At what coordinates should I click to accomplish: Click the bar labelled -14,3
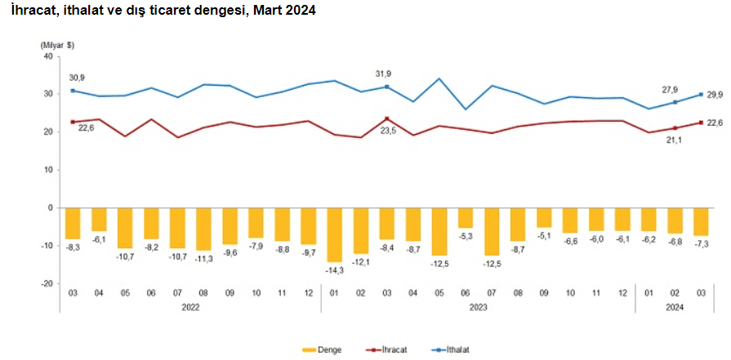pyautogui.click(x=333, y=234)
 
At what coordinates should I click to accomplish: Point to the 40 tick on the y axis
pyautogui.click(x=47, y=56)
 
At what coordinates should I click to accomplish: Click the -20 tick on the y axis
pyautogui.click(x=45, y=283)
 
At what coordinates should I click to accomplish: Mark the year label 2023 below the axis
pyautogui.click(x=478, y=308)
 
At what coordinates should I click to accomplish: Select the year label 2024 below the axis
pyautogui.click(x=675, y=308)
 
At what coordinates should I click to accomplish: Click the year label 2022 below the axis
pyautogui.click(x=189, y=308)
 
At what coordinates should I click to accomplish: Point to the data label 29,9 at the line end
pyautogui.click(x=715, y=95)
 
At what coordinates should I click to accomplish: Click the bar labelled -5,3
pyautogui.click(x=465, y=218)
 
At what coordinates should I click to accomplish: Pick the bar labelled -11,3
pyautogui.click(x=203, y=229)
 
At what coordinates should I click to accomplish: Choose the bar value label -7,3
pyautogui.click(x=701, y=244)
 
